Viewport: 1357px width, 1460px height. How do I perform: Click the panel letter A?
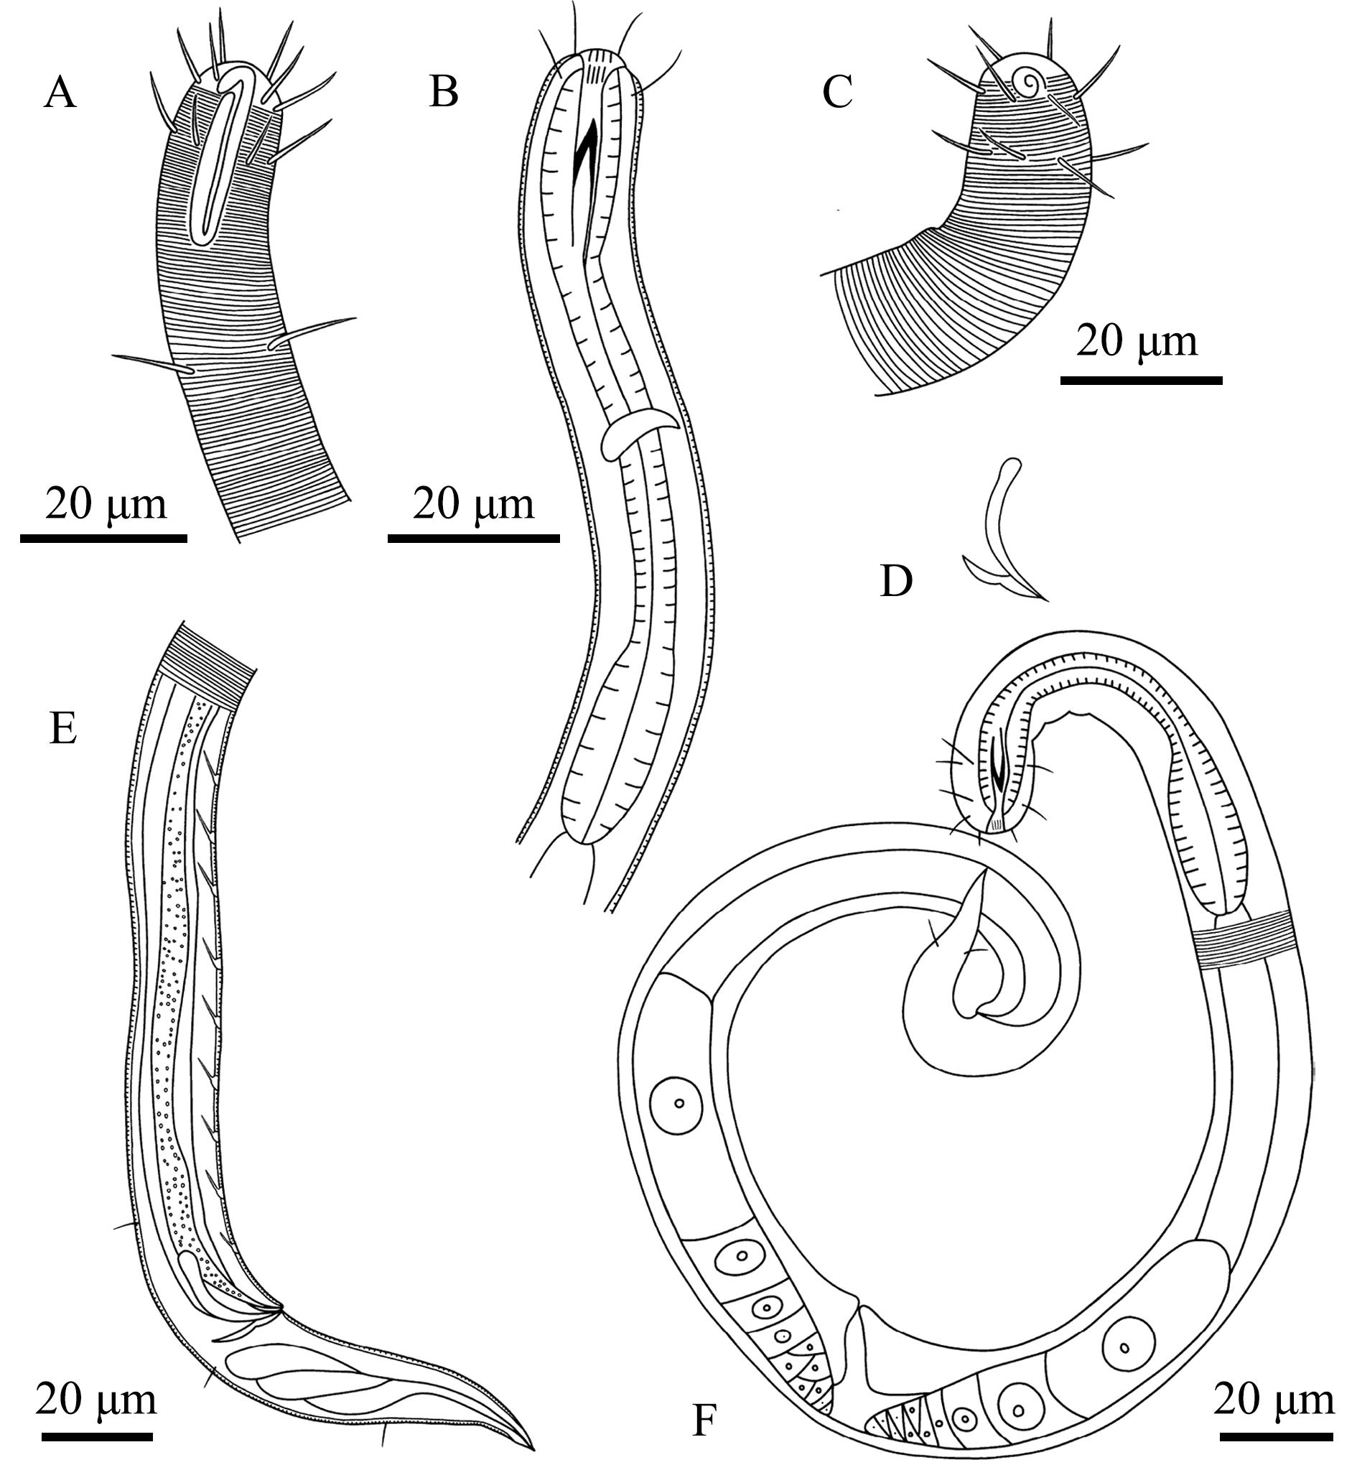(60, 95)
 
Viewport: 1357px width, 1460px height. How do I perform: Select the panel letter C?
(837, 93)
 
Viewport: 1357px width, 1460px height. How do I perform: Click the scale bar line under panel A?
(103, 538)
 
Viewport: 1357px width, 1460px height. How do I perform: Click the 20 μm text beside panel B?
(474, 506)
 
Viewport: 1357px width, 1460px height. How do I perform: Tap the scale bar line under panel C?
(1141, 380)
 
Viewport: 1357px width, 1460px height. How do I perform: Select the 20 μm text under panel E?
(96, 1399)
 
